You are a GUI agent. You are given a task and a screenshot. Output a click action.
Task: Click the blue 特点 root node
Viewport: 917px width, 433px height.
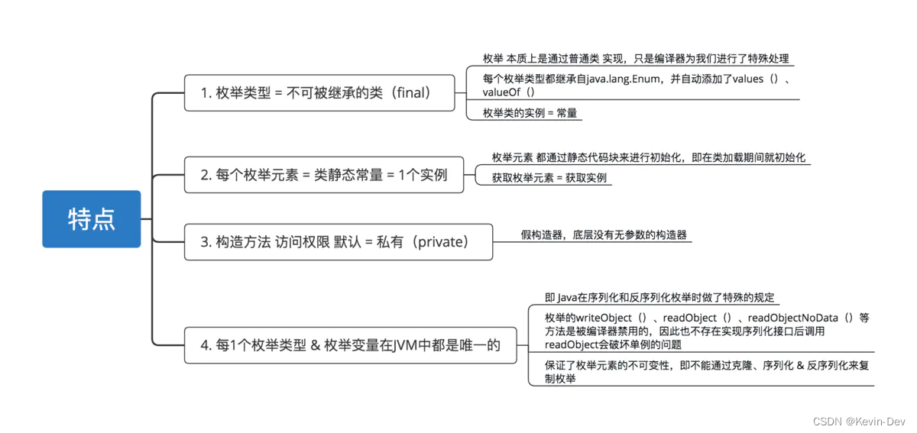(92, 219)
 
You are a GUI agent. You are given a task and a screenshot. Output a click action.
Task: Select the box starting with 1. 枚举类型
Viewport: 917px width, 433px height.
(319, 92)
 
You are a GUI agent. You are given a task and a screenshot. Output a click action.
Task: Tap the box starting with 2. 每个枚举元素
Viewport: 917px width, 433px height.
(324, 174)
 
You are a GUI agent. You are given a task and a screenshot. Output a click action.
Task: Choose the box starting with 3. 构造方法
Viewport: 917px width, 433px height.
(338, 242)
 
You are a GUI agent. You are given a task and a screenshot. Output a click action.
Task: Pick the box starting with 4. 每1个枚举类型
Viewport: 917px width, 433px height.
(350, 345)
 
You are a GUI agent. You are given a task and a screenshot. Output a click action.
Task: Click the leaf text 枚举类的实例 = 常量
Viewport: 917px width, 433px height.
(530, 113)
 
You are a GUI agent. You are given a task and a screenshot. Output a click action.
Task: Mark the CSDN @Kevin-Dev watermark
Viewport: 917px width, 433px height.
(859, 421)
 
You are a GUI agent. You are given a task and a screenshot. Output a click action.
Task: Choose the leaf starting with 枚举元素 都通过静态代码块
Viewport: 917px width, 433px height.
(649, 158)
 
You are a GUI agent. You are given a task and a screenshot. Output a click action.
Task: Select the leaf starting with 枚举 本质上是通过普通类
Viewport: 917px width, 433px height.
(636, 59)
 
